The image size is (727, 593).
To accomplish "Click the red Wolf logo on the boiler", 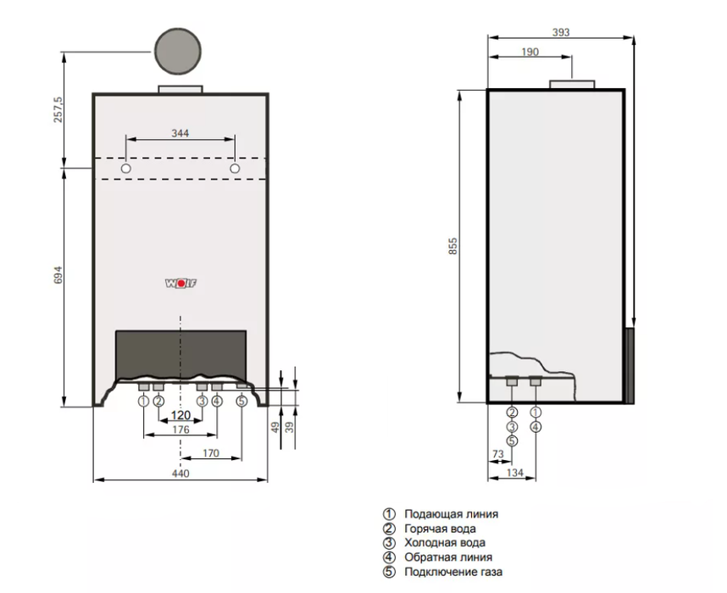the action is click(x=180, y=283).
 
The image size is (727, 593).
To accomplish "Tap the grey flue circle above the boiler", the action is click(x=178, y=51).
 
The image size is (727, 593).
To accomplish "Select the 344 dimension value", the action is click(x=180, y=133).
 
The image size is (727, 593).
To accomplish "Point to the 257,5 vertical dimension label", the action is click(x=58, y=109).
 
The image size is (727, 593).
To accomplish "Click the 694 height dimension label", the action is click(x=58, y=275).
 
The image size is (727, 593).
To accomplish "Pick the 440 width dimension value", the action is click(x=180, y=474).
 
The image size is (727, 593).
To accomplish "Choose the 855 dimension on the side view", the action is click(x=453, y=246).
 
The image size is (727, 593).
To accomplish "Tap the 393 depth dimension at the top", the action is click(x=561, y=32).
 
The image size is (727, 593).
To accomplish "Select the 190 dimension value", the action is click(x=530, y=52).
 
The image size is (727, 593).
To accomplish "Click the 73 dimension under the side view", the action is click(x=498, y=454).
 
